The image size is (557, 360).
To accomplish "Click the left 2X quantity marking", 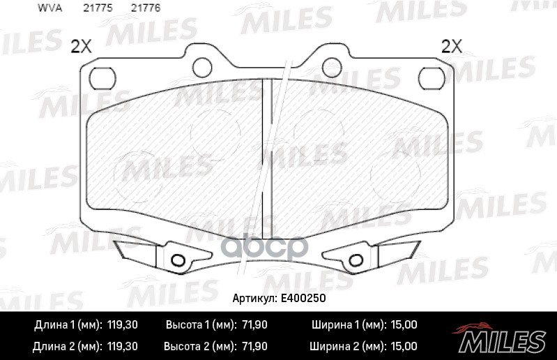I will [x=82, y=47].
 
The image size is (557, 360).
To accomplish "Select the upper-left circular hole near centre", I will [x=202, y=67].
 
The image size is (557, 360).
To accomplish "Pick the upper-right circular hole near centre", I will [x=332, y=67].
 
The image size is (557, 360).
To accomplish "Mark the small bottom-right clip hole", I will [x=356, y=261].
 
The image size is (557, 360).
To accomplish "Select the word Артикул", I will [x=254, y=298].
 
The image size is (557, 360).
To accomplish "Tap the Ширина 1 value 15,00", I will [x=402, y=325].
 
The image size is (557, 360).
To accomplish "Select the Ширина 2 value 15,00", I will [x=402, y=346].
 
